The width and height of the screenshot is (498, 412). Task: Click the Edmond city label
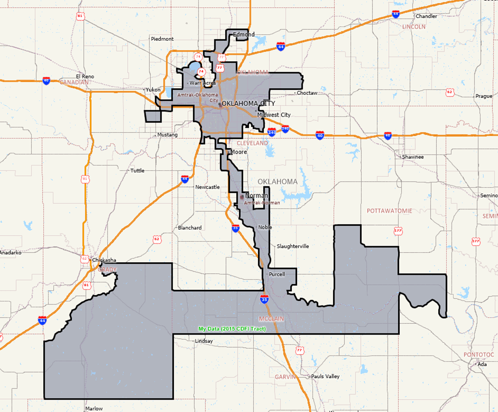pyautogui.click(x=243, y=34)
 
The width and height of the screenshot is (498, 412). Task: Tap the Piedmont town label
pyautogui.click(x=162, y=39)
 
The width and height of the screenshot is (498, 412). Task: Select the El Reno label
pyautogui.click(x=85, y=77)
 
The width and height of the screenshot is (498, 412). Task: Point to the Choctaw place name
pyautogui.click(x=306, y=93)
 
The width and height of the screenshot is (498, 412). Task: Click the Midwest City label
pyautogui.click(x=274, y=115)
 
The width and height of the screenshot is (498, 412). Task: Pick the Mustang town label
pyautogui.click(x=167, y=135)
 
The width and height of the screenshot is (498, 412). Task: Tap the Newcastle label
pyautogui.click(x=207, y=187)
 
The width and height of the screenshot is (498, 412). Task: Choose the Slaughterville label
pyautogui.click(x=293, y=246)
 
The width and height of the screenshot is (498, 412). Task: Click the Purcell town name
pyautogui.click(x=277, y=275)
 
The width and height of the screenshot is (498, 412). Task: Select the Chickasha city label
pyautogui.click(x=104, y=260)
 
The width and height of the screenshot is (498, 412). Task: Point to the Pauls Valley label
pyautogui.click(x=326, y=376)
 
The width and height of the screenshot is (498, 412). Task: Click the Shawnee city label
pyautogui.click(x=412, y=157)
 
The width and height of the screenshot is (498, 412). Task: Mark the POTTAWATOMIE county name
pyautogui.click(x=390, y=211)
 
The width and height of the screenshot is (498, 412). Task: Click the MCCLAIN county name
pyautogui.click(x=271, y=318)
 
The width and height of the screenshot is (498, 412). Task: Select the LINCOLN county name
pyautogui.click(x=413, y=27)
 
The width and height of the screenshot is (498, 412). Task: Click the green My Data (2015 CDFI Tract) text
pyautogui.click(x=232, y=329)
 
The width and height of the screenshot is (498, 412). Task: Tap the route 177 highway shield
pyautogui.click(x=398, y=231)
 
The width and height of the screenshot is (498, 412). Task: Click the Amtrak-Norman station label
pyautogui.click(x=262, y=203)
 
